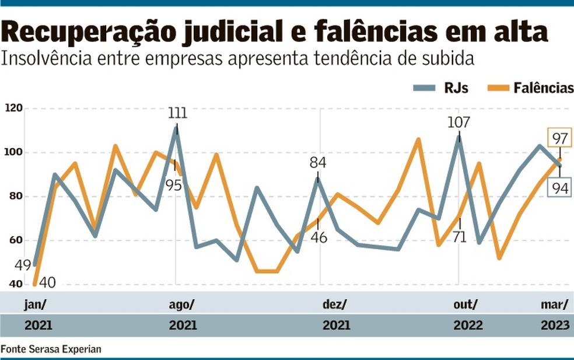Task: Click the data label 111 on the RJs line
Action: click(177, 113)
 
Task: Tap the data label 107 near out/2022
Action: click(459, 123)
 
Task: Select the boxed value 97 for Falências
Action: click(561, 138)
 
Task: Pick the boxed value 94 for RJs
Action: click(561, 187)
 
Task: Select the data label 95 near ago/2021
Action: click(174, 186)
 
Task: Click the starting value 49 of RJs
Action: click(23, 265)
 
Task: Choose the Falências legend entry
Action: click(531, 88)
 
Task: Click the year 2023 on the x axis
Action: click(556, 325)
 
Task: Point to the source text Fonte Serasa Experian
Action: click(51, 349)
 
